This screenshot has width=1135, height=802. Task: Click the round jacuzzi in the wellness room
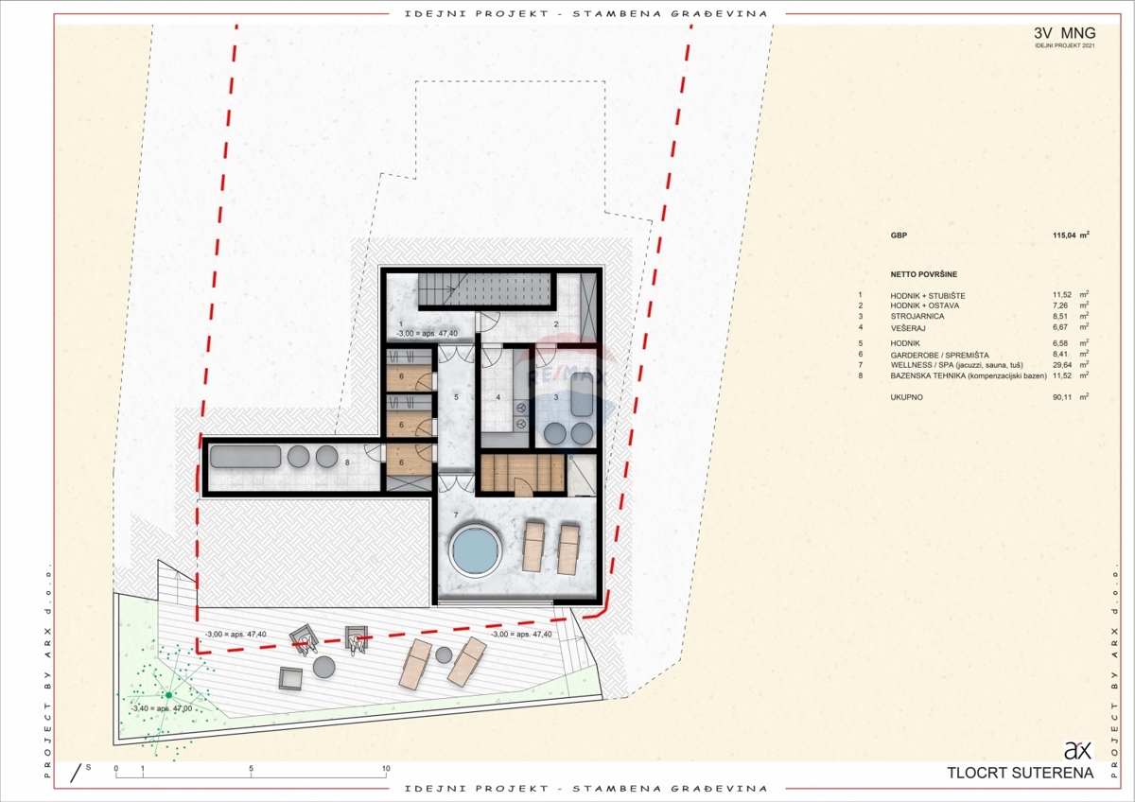pos(473,550)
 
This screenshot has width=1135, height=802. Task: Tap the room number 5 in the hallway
pos(456,398)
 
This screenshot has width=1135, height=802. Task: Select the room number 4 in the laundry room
pos(498,398)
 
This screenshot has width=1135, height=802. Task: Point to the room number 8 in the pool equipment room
pos(348,462)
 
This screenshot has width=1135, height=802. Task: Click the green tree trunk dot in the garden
pos(169,695)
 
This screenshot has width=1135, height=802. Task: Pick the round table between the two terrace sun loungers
pos(444,654)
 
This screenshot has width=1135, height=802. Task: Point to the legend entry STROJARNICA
pos(916,317)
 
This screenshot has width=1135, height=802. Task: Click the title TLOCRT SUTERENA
pos(1020,773)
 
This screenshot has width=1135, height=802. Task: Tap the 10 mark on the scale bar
pos(385,769)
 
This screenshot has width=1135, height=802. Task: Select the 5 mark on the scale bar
pos(251,769)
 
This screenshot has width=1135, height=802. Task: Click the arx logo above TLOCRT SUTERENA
pos(1077,751)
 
